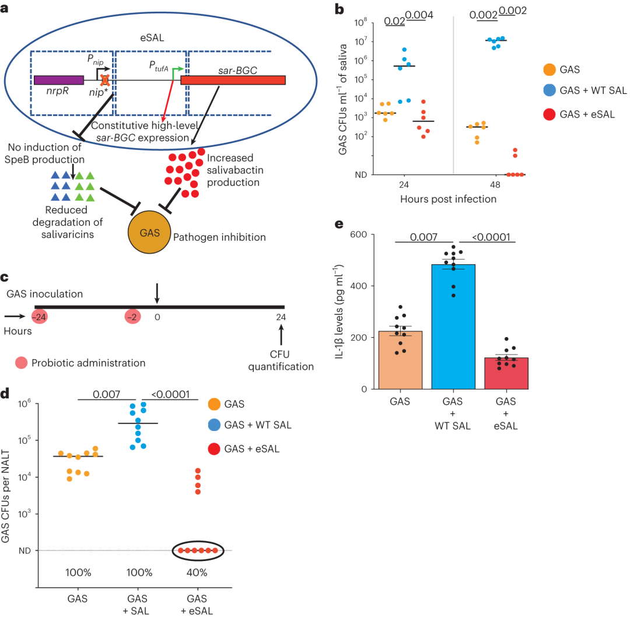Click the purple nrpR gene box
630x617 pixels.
(x=58, y=80)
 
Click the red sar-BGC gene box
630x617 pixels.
(x=233, y=80)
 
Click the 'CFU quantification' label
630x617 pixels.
(x=280, y=360)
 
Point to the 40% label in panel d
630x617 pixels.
(x=197, y=573)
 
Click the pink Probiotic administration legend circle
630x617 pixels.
(x=23, y=363)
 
